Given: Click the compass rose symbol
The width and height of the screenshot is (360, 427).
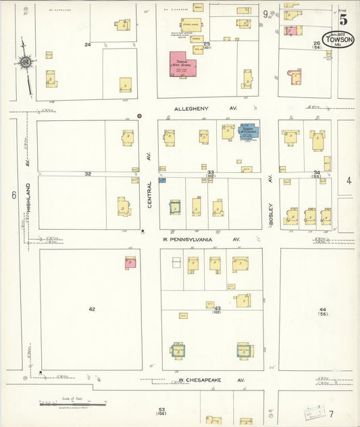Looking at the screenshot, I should point(26,62).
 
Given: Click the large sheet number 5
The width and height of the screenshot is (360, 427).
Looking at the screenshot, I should point(343,20).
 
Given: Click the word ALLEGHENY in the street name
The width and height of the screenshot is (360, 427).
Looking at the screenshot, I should point(192,108).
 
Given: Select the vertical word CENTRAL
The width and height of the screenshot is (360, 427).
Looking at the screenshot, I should point(149,193).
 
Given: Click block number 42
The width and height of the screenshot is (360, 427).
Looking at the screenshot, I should point(92,309).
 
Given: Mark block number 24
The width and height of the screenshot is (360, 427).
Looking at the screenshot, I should point(87,45).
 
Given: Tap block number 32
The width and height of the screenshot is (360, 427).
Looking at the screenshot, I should point(87,174).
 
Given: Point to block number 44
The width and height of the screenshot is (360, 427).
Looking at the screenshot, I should point(323,309).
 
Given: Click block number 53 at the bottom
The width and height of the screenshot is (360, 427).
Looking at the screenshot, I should point(161,409).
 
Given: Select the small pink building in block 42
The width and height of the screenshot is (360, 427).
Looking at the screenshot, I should point(130,263).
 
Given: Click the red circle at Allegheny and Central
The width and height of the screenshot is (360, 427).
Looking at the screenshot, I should point(139,116).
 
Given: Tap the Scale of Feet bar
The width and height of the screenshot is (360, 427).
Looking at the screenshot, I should point(73,404).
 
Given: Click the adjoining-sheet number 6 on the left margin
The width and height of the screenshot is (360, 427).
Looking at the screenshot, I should point(13,195).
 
